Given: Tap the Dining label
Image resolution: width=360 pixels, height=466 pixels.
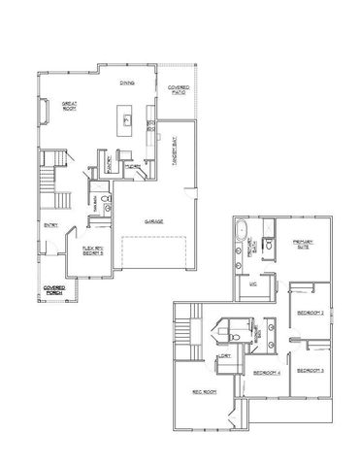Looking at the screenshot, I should [126, 83].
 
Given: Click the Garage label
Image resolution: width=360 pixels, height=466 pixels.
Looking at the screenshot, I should [153, 221].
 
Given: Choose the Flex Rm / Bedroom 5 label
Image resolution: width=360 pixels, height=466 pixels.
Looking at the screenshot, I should [92, 250].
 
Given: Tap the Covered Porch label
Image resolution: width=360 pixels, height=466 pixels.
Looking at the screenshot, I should [54, 288].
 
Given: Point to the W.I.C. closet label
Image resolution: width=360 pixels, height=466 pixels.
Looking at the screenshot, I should [253, 284].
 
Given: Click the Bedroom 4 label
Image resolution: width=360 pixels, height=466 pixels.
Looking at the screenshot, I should [267, 373].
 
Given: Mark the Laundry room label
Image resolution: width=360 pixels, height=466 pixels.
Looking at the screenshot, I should [224, 356].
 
